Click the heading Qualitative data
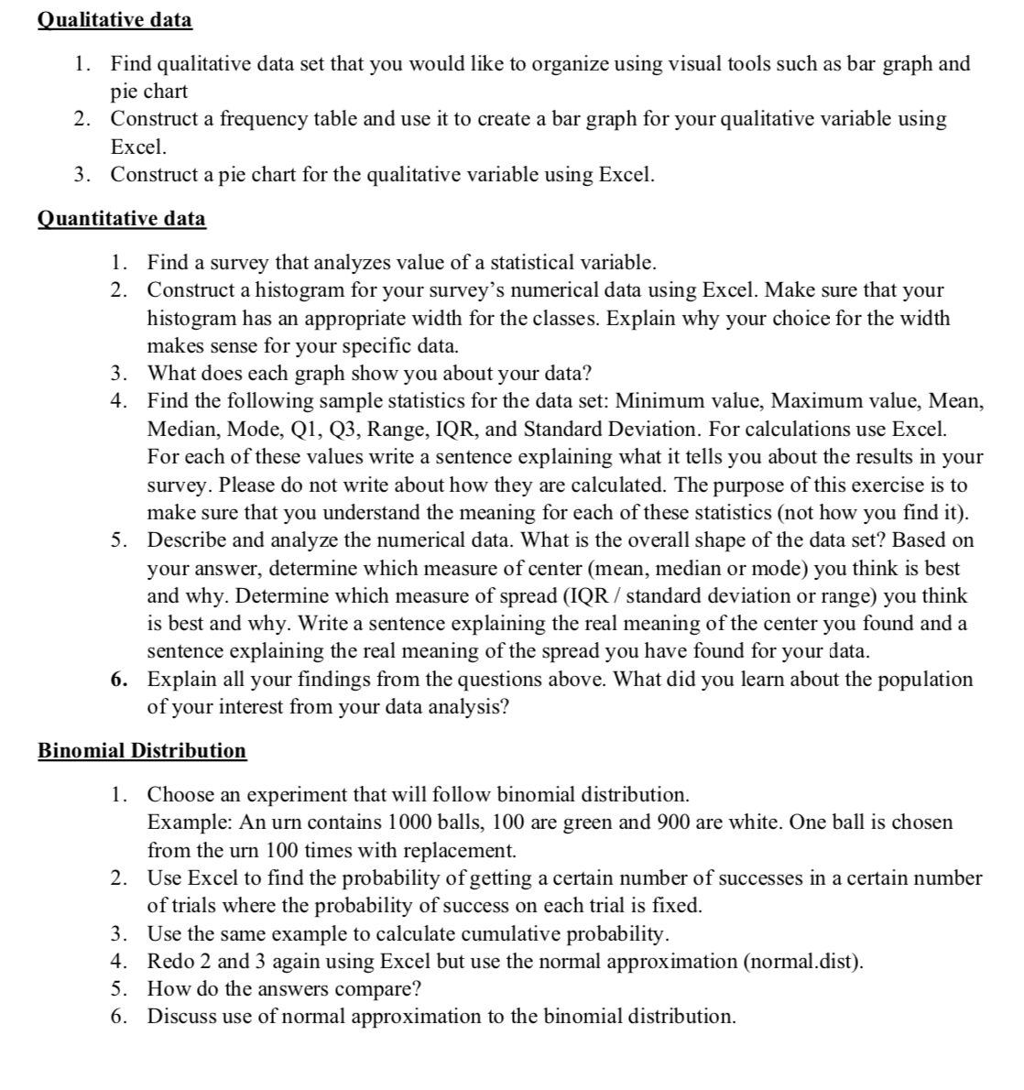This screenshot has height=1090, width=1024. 114,19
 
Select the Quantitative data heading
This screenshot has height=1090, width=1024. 121,218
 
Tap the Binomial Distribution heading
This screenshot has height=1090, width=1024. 142,750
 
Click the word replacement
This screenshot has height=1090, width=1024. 464,850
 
